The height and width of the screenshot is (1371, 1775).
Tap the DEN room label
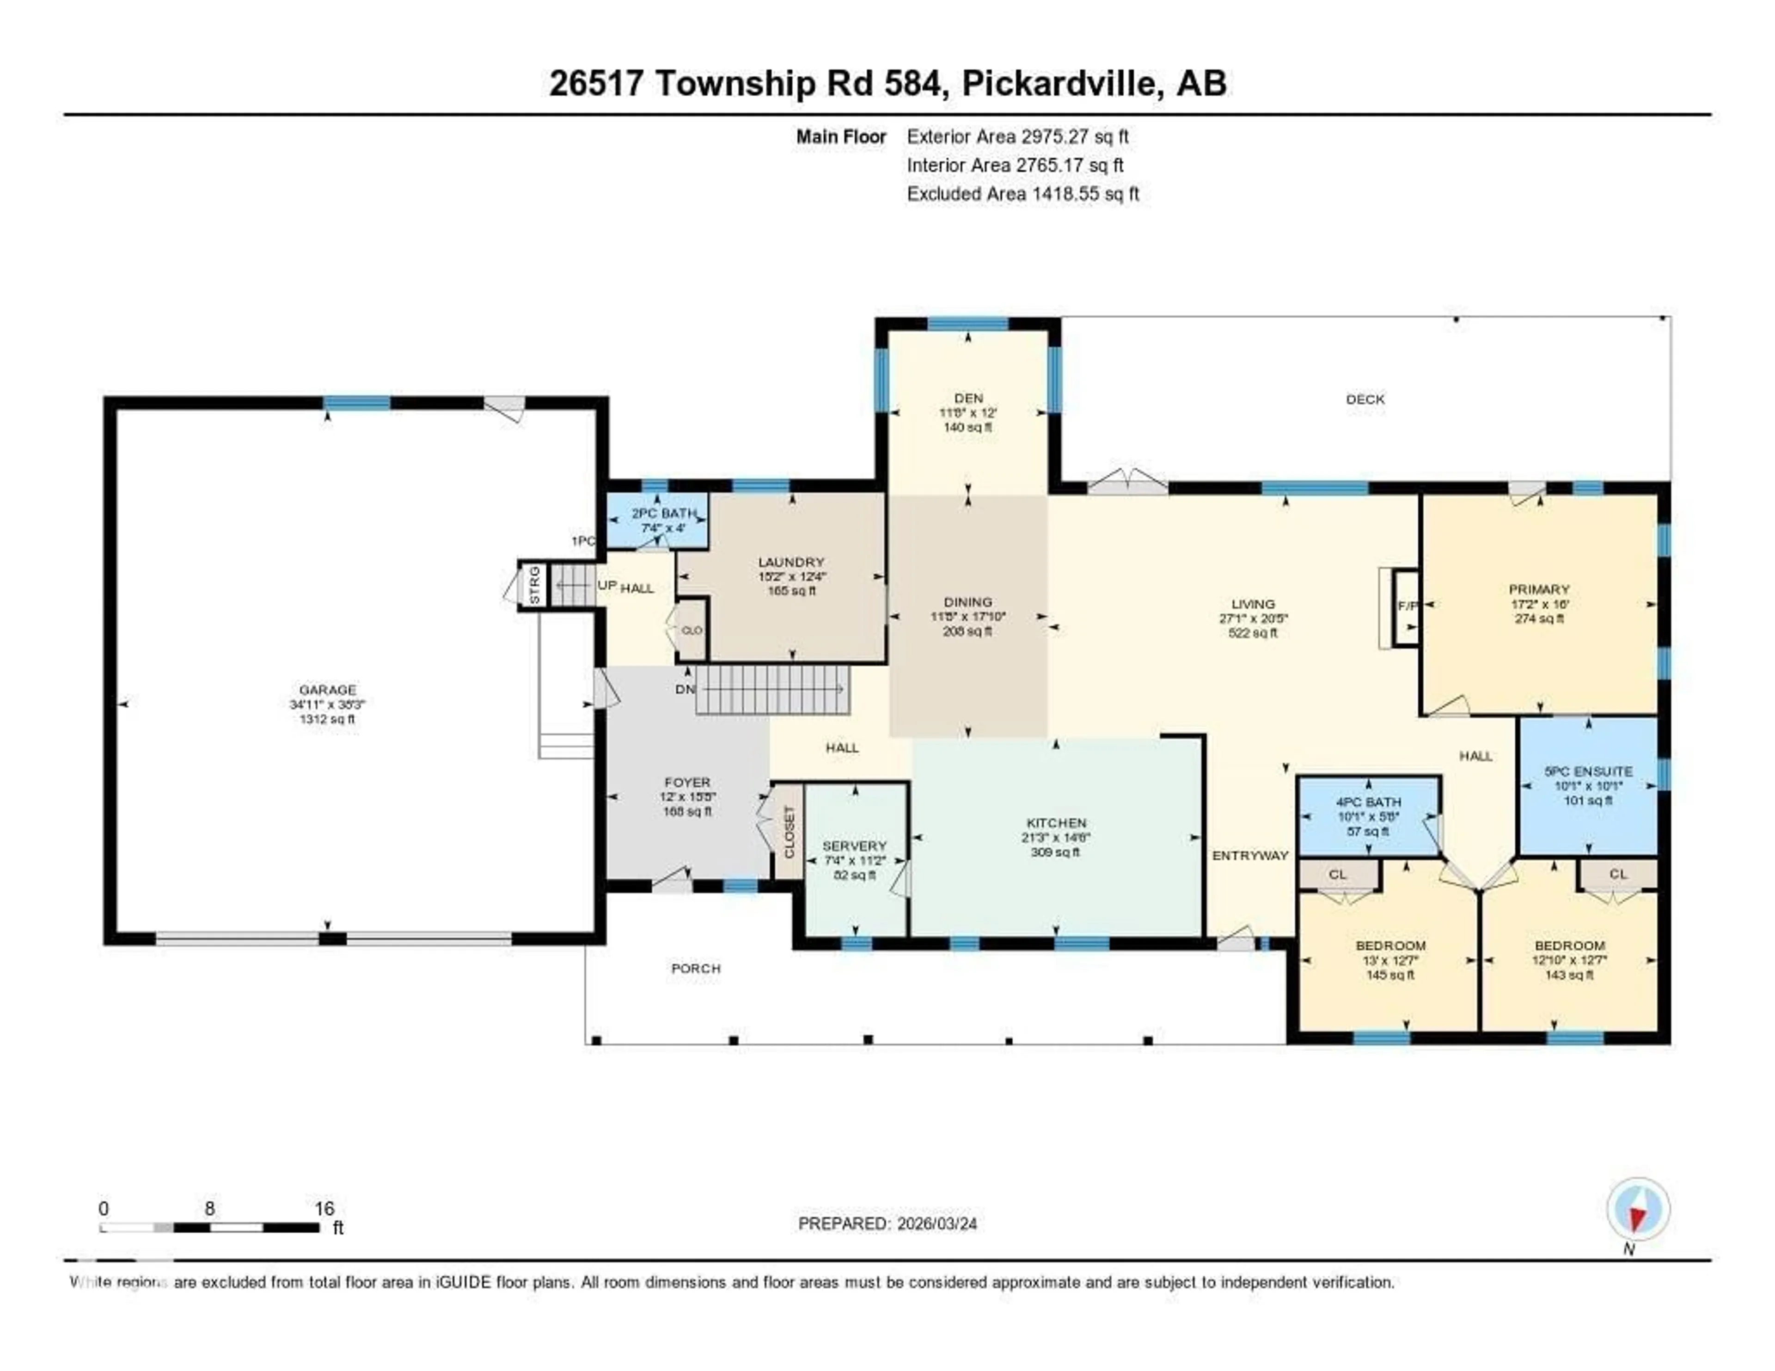pos(968,398)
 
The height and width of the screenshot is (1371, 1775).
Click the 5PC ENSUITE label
pos(1588,771)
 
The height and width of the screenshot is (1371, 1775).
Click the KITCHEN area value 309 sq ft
pos(1056,852)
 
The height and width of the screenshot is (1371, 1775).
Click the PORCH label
pos(696,968)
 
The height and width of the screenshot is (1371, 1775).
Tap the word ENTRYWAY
pos(1250,855)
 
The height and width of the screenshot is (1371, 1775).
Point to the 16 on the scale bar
pos(324,1208)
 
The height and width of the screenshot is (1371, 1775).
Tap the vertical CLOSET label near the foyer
pos(788,832)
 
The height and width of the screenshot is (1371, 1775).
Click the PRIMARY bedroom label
pos(1538,589)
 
